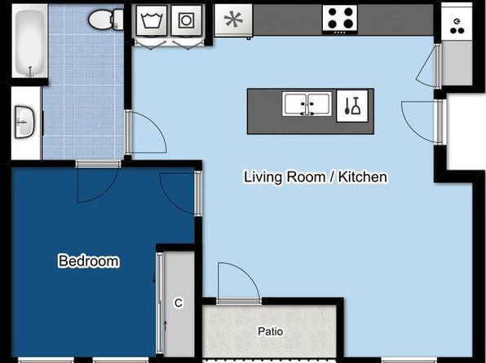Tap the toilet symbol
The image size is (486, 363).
(x=106, y=20)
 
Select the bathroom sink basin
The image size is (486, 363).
(x=24, y=122)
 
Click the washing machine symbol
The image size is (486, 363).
(x=152, y=20)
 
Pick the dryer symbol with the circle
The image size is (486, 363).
(x=186, y=20)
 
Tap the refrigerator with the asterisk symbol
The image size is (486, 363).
(x=233, y=20)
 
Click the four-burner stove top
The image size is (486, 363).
(x=340, y=19)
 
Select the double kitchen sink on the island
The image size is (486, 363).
(x=307, y=104)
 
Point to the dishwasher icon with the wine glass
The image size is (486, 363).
(x=352, y=106)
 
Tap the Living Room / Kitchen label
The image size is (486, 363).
(x=316, y=177)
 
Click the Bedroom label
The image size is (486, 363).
(x=89, y=261)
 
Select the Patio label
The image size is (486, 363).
(x=271, y=331)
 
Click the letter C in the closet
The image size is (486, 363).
(x=179, y=303)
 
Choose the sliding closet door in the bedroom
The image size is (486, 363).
(x=160, y=304)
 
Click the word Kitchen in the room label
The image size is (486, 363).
(x=363, y=177)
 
